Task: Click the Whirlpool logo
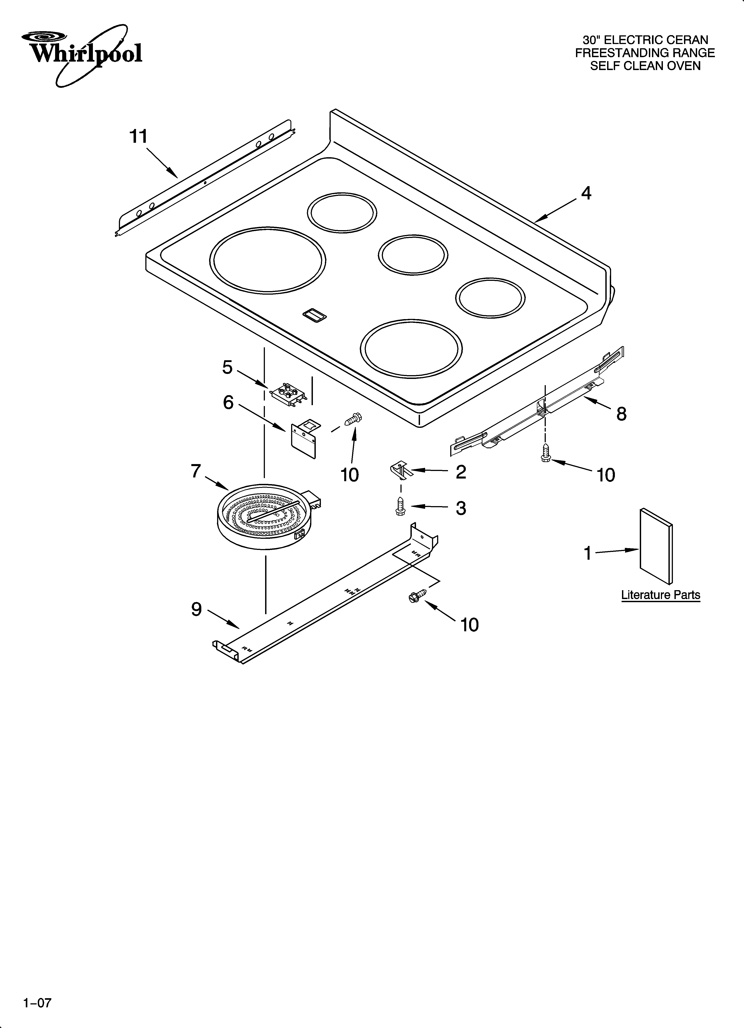[x=85, y=54]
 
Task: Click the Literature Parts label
[x=660, y=595]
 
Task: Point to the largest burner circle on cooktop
[x=268, y=260]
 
